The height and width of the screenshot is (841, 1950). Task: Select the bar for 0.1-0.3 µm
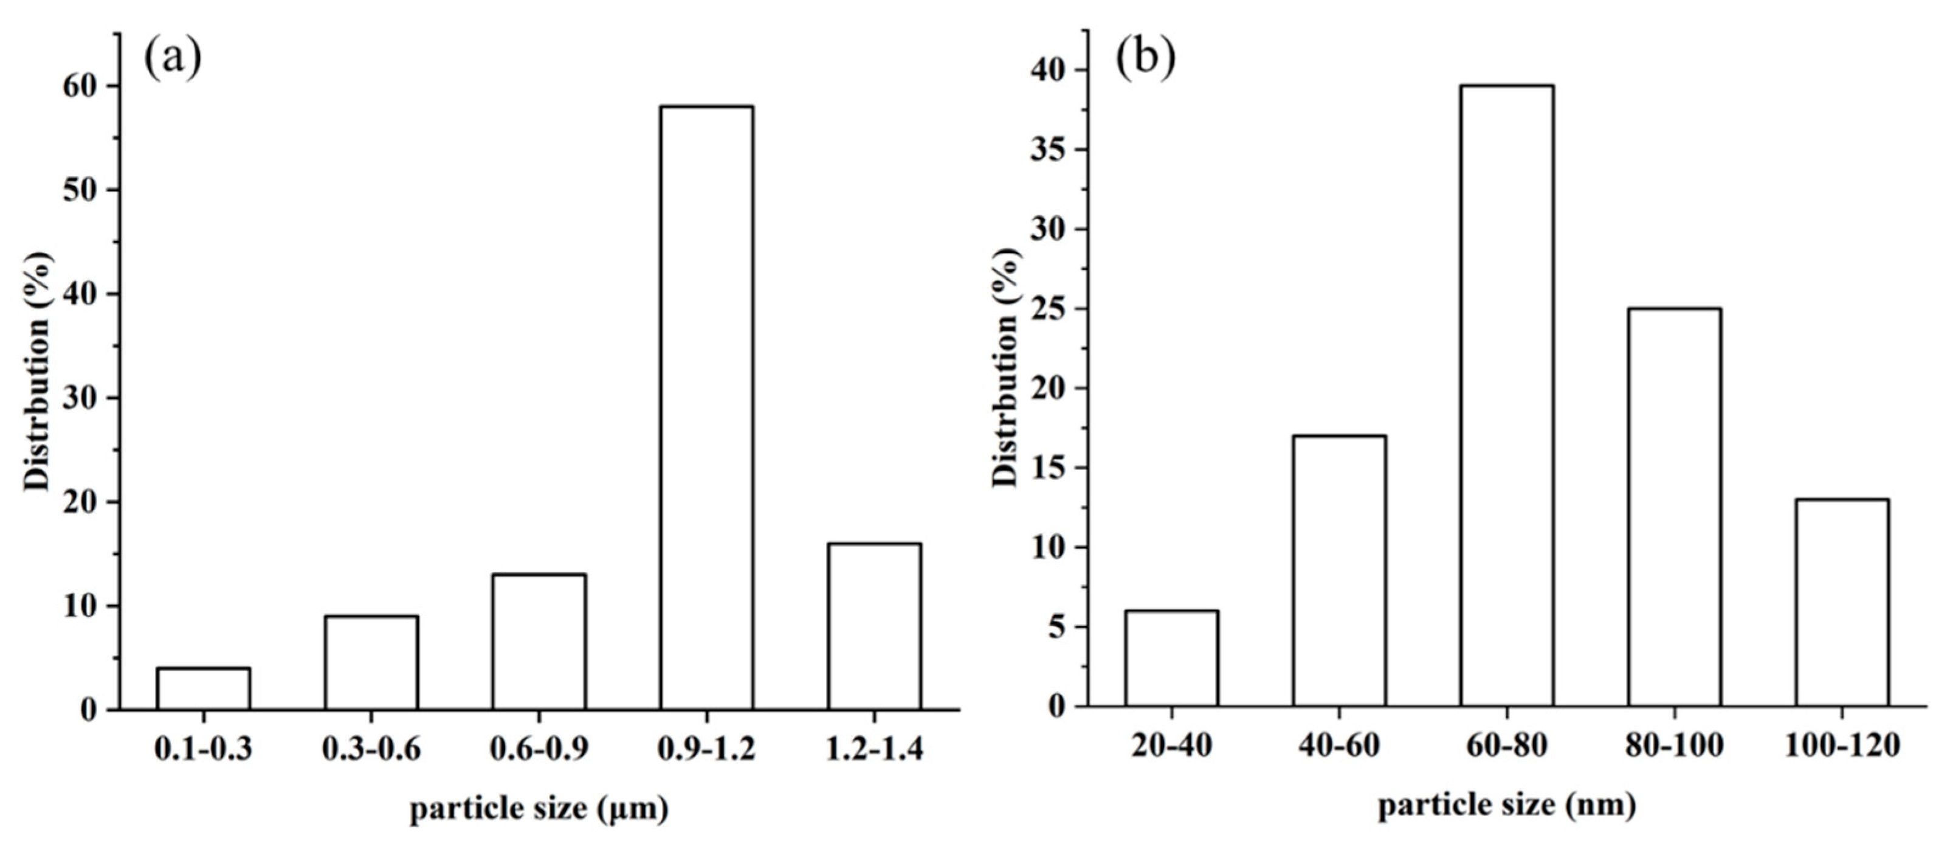pos(204,688)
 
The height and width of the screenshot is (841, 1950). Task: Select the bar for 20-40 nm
pos(1172,658)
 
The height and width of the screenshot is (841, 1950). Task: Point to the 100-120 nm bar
pos(1842,602)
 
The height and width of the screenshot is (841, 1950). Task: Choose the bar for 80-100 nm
pos(1675,507)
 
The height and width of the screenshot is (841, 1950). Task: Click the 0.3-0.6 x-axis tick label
pos(371,749)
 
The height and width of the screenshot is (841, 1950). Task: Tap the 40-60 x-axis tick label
pos(1339,746)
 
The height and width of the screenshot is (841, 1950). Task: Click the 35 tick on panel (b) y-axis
pos(1048,150)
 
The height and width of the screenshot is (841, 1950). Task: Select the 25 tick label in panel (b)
pos(1048,309)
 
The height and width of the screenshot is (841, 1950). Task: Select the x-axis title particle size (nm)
pos(1506,805)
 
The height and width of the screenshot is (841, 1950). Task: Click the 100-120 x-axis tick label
pos(1842,746)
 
